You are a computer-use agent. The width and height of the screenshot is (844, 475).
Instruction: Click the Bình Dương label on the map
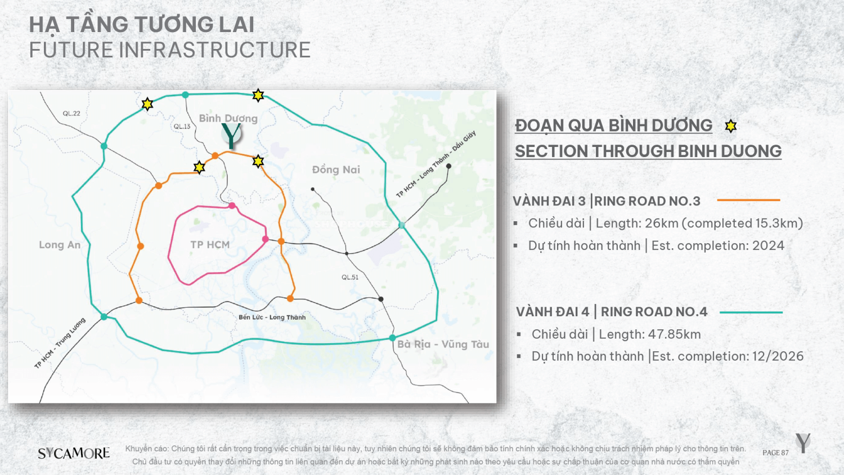coord(228,118)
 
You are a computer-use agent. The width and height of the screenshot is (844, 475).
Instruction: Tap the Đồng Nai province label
coord(336,169)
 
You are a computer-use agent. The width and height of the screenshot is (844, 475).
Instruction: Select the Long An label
coord(60,245)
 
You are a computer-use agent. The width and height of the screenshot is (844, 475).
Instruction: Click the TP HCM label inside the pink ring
coord(210,245)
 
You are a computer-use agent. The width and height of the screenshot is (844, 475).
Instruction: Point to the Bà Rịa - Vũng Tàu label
coord(443,344)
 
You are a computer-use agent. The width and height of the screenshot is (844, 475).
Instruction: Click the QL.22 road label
coord(71,113)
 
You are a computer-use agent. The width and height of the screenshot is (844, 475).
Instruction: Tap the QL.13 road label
coord(182,126)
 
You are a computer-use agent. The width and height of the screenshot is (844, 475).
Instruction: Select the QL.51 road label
coord(350,277)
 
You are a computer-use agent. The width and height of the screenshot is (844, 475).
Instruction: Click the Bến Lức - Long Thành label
coord(272,317)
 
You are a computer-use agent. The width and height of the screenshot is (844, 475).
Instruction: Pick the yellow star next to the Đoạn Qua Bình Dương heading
coord(730,126)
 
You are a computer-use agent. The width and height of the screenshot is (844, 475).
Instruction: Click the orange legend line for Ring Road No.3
coord(748,200)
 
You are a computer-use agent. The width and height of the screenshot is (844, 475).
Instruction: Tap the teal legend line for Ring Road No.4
coord(751,312)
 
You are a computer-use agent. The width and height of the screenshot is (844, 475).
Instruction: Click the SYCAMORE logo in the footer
coord(74,453)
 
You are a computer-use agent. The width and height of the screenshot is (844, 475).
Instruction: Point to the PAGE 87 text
coord(775,452)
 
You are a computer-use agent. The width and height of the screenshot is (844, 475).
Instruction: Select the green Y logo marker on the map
coord(231,135)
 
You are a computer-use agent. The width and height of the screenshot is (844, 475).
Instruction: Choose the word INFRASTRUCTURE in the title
coord(215,50)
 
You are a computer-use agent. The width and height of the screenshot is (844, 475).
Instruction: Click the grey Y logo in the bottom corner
coord(803,443)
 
